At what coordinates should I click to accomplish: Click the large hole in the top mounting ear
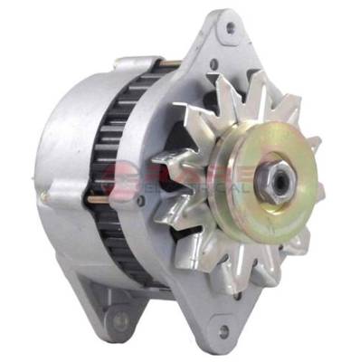tap(236, 27)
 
